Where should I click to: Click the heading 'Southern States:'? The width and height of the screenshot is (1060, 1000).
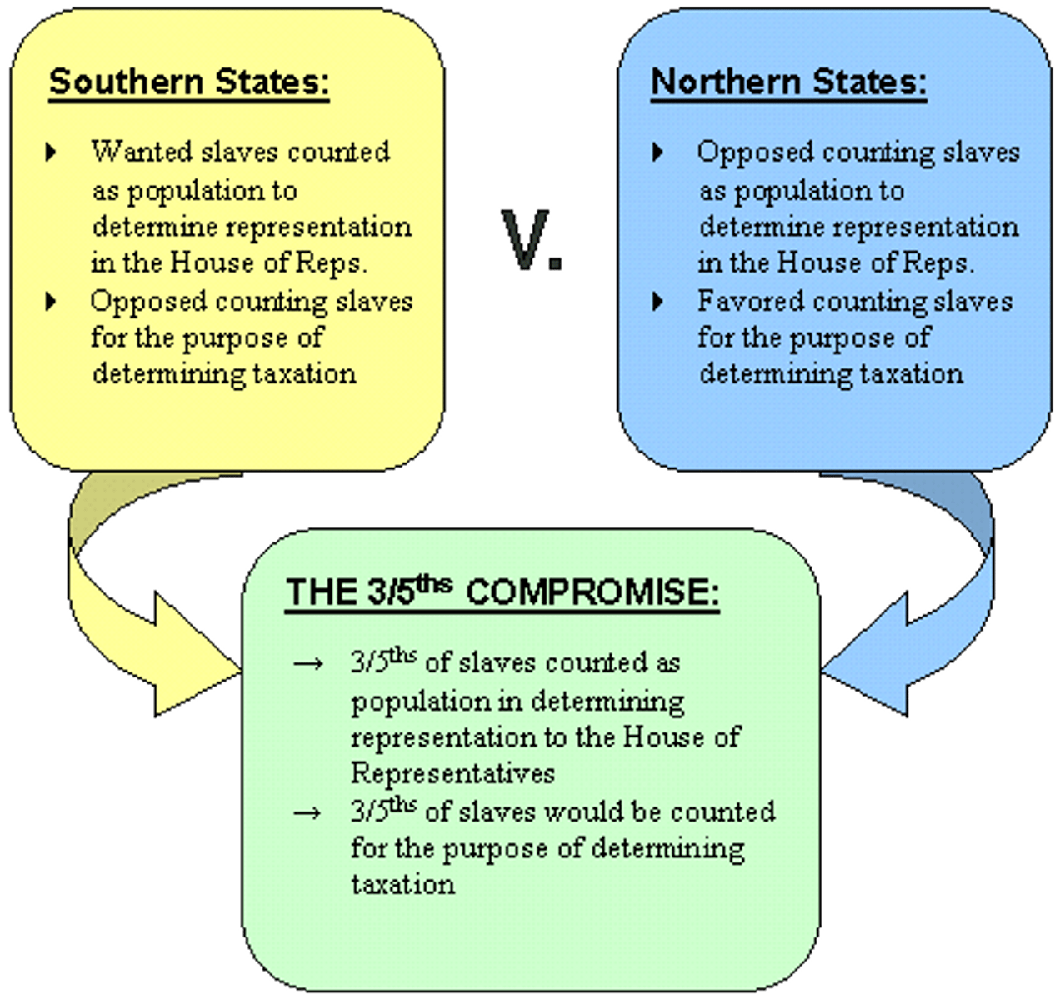pos(189,82)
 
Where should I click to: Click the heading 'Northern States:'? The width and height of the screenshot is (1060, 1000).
pos(788,82)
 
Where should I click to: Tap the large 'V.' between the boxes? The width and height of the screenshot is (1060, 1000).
pos(532,241)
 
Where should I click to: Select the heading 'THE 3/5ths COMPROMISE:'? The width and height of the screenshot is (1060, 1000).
pos(502,592)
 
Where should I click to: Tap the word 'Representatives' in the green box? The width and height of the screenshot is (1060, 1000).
pos(452,773)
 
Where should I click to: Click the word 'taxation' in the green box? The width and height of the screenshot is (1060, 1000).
pos(403,883)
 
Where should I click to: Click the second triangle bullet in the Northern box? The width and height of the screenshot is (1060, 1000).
pos(658,300)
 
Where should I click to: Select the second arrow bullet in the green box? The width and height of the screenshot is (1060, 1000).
pos(307,812)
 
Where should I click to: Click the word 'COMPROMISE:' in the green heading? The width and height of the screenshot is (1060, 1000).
pos(592,592)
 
